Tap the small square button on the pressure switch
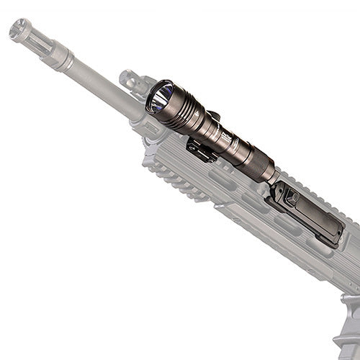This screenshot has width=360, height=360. tap(292, 197)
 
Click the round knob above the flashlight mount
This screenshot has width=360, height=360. tap(213, 115)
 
